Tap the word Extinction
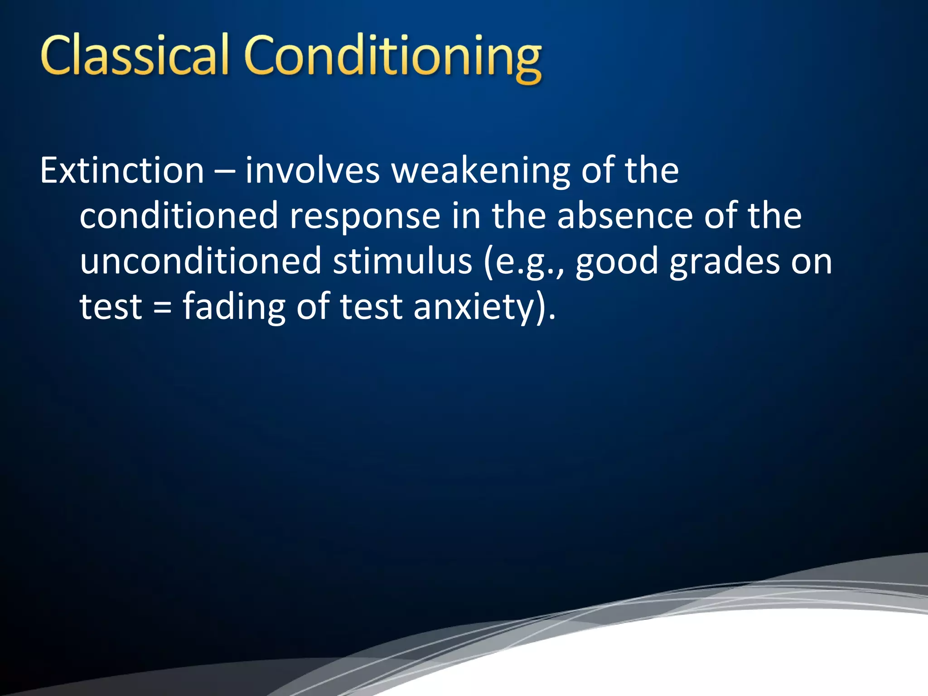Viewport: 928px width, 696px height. click(x=122, y=171)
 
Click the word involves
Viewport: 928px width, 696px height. click(x=312, y=171)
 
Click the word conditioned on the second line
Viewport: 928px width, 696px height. click(x=179, y=216)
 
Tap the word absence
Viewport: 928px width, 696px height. click(x=625, y=216)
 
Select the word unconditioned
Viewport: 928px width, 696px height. click(x=200, y=261)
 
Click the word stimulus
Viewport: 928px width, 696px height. click(x=403, y=261)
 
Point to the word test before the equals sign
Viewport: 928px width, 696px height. click(x=111, y=307)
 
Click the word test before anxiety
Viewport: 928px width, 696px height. click(x=371, y=307)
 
